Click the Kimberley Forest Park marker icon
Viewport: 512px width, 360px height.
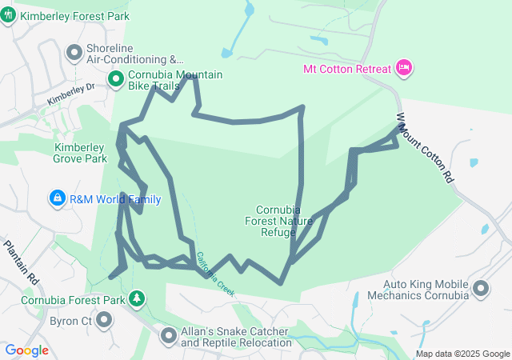[x=8, y=16]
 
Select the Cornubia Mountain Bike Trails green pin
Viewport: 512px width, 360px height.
[x=115, y=78]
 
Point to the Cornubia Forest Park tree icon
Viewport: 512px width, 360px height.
[x=138, y=299]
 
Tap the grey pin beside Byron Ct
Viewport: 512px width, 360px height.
[x=104, y=320]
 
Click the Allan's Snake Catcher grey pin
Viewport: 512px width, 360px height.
[x=168, y=336]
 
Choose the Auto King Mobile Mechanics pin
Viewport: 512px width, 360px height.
[x=482, y=287]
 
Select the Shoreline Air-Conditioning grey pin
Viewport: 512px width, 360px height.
[x=74, y=53]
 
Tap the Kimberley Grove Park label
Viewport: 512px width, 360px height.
[x=80, y=153]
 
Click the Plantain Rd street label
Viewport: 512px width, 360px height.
[x=22, y=262]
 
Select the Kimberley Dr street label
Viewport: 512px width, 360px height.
[x=70, y=95]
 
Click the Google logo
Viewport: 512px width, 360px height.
[x=27, y=350]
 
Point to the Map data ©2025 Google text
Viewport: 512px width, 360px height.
[x=462, y=354]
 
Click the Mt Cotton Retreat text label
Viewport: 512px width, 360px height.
[x=347, y=68]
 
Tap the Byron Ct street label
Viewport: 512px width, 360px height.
[x=70, y=321]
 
